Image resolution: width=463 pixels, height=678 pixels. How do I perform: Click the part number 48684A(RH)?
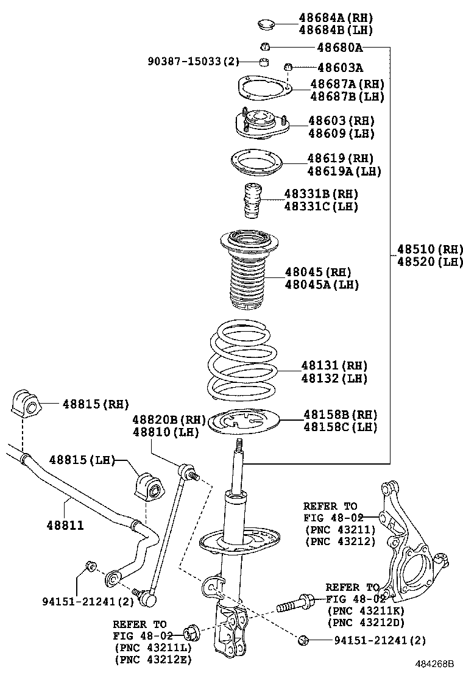click(336, 18)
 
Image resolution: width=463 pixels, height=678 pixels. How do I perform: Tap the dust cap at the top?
click(266, 25)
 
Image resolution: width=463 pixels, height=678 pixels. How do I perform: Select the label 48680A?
click(339, 47)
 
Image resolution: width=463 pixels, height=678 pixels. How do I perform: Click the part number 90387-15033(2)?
click(194, 61)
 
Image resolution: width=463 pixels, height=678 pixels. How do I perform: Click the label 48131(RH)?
click(334, 366)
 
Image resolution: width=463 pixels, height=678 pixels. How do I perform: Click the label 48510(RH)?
click(430, 249)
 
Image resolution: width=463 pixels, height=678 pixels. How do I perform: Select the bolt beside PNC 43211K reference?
click(295, 605)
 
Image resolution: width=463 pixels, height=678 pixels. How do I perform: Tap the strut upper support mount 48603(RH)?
click(260, 125)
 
